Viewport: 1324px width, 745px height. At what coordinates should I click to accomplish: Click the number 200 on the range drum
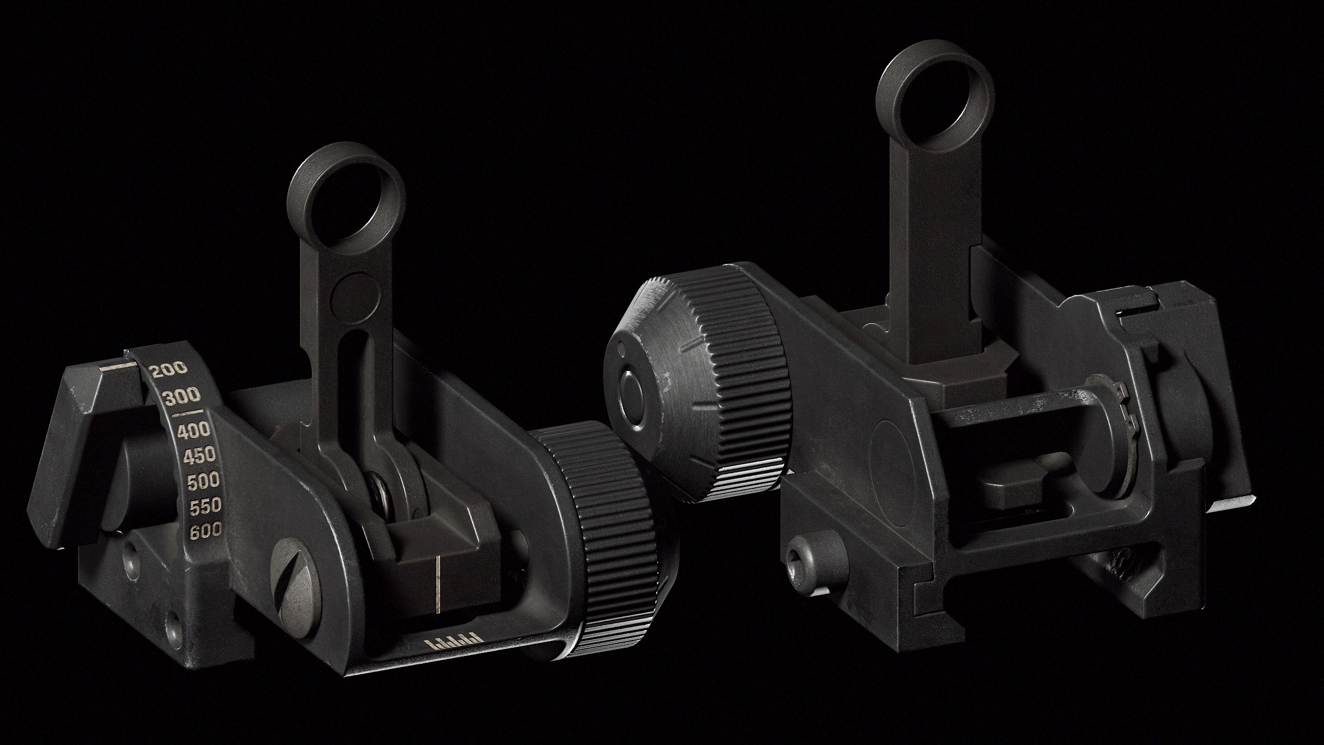click(168, 369)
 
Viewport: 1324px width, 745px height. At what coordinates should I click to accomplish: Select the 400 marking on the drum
click(193, 429)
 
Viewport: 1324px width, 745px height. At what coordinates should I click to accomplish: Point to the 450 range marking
click(199, 455)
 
